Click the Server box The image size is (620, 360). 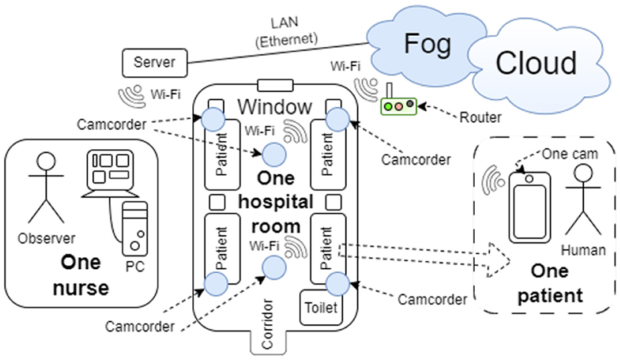155,62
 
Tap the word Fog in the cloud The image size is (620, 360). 427,43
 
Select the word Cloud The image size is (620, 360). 536,63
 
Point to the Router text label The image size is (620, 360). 481,117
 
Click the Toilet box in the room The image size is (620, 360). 321,308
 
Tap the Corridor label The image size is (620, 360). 267,324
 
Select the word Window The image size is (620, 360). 275,107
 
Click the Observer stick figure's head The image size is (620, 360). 46,162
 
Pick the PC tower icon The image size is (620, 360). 135,229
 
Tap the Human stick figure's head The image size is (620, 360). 584,173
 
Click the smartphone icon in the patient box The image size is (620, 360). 529,208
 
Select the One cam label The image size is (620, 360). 570,154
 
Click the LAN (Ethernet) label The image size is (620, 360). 286,32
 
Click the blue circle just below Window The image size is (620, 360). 275,155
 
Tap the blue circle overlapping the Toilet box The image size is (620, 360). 338,284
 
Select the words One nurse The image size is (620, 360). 81,275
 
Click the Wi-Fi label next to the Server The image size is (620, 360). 165,94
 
